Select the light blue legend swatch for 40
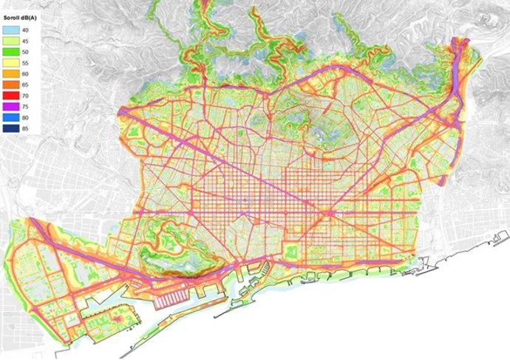coord(11,29)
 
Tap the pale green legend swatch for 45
coord(11,40)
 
